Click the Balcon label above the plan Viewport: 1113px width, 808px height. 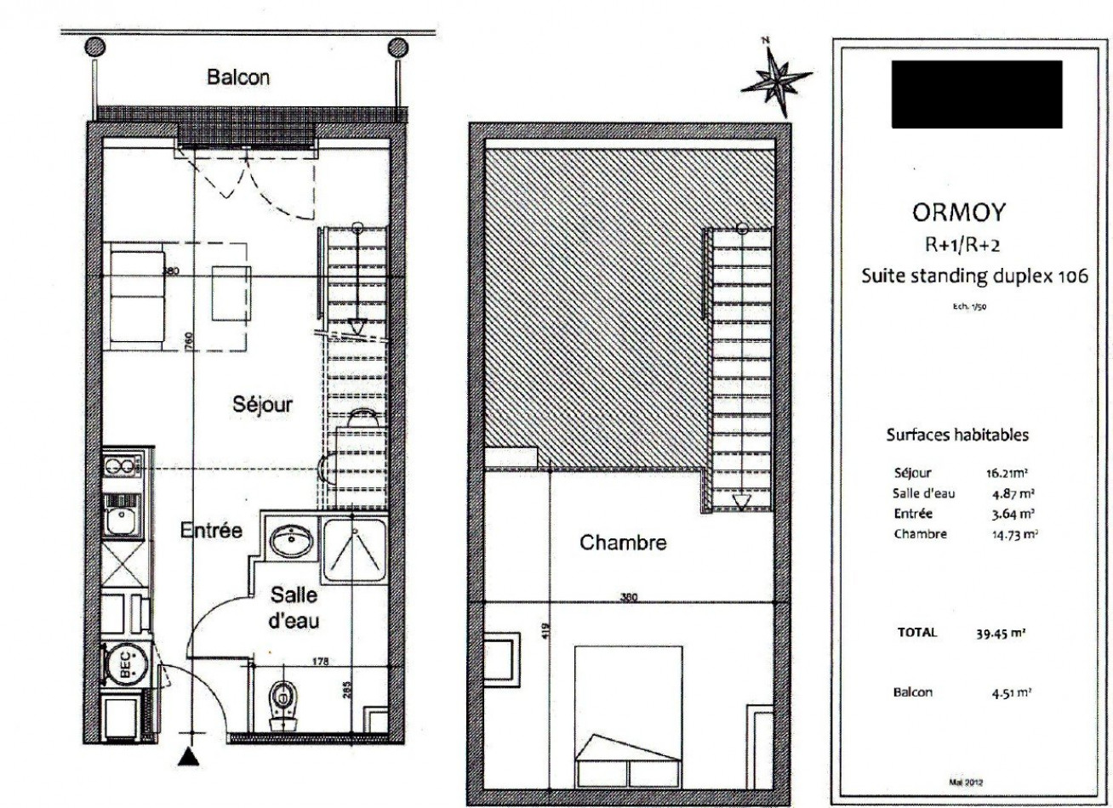click(x=238, y=77)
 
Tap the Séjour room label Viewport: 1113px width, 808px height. click(x=263, y=405)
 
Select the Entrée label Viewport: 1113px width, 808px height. click(x=212, y=532)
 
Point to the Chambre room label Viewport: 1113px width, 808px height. click(x=623, y=543)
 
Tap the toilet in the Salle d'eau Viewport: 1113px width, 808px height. click(x=280, y=703)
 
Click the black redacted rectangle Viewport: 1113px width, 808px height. click(x=977, y=94)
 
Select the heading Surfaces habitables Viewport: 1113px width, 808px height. click(x=958, y=435)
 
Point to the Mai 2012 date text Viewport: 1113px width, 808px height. click(x=966, y=779)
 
